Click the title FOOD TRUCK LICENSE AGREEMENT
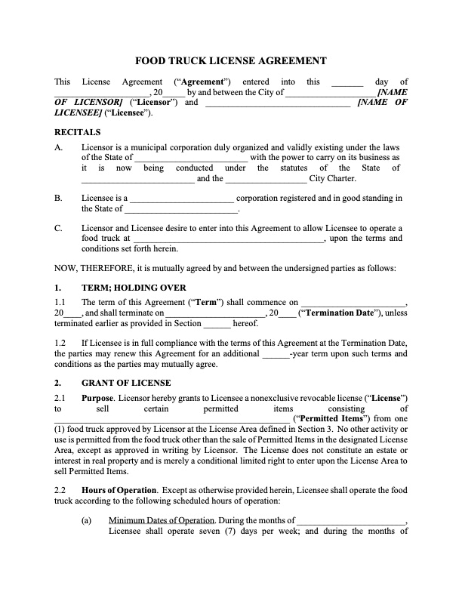230,60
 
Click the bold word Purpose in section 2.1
97,397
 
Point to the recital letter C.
58,228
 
